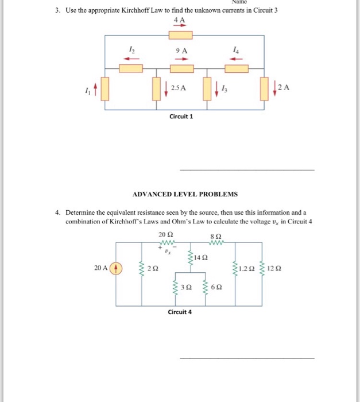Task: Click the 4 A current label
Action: [x=180, y=21]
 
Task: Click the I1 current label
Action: [x=87, y=90]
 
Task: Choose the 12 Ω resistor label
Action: [x=275, y=268]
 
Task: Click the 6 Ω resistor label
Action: [x=215, y=286]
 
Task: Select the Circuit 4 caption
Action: [x=180, y=312]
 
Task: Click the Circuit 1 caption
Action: [x=181, y=117]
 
